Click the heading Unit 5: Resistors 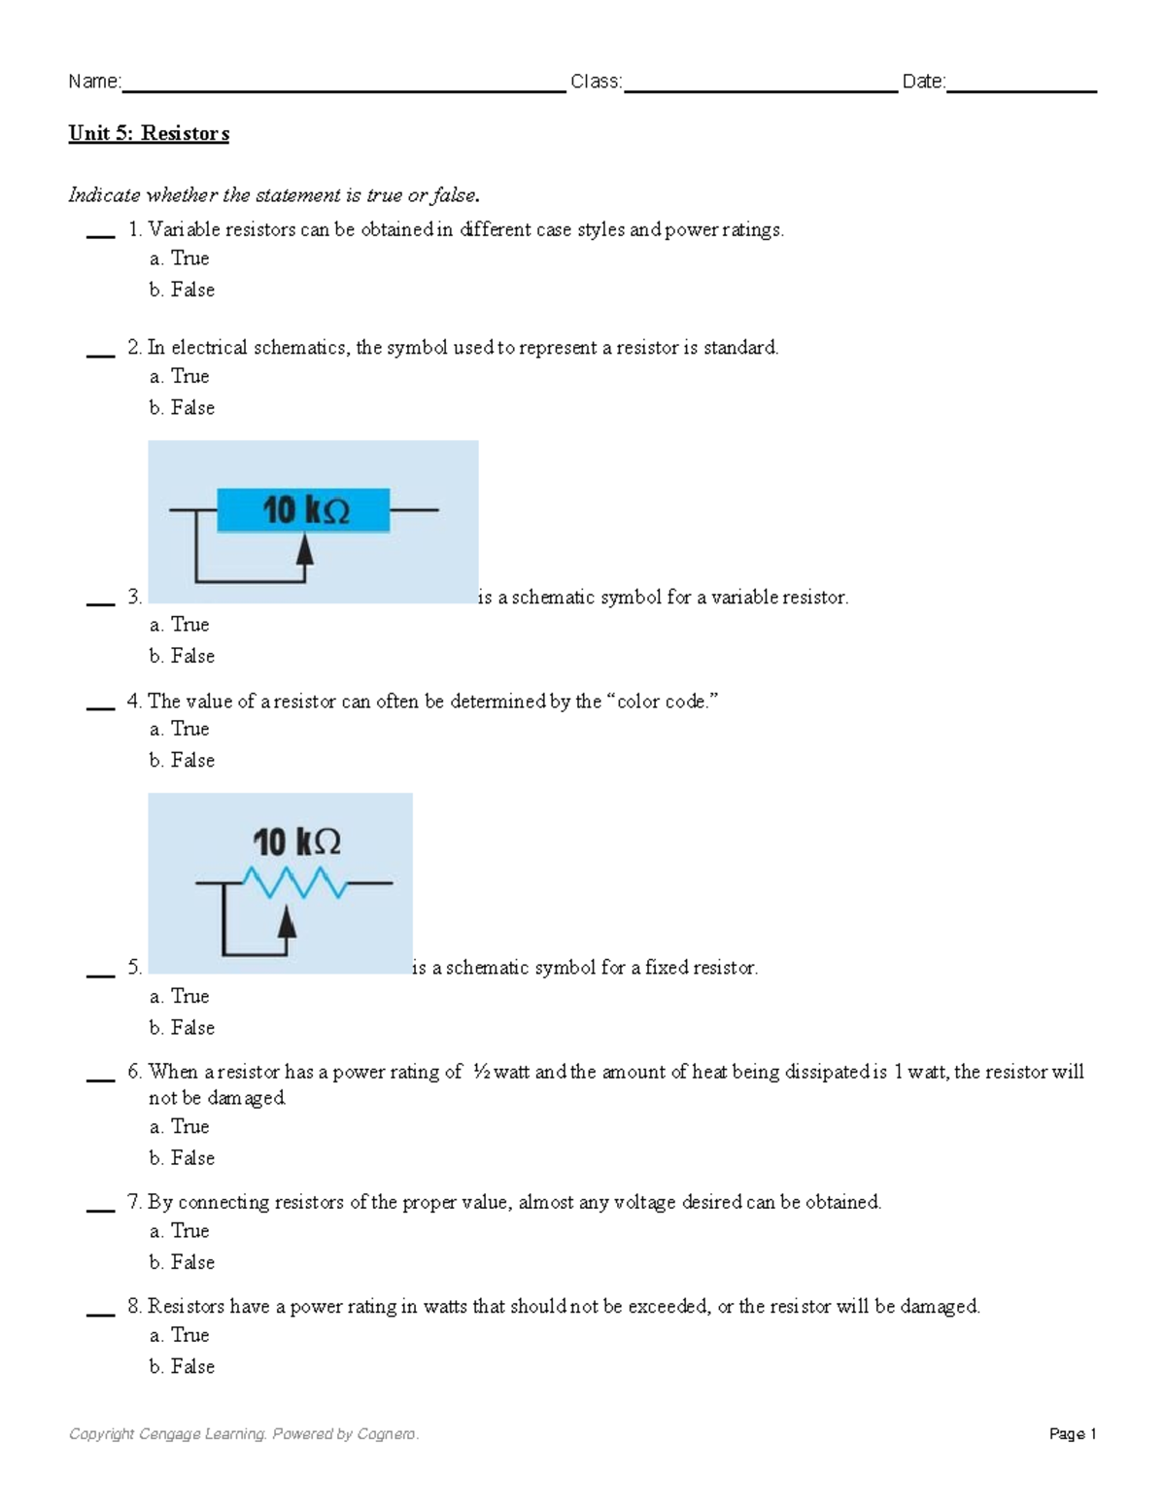coord(149,133)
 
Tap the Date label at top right coord(923,82)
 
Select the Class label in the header coord(596,82)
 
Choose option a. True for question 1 coord(180,258)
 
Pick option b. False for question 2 coord(182,408)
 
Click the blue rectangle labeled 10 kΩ coord(303,510)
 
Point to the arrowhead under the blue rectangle coord(305,550)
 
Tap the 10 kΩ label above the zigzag coord(296,841)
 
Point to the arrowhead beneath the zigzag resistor coord(287,919)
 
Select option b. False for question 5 coord(182,1028)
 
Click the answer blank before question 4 coord(100,707)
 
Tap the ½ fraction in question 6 coord(482,1072)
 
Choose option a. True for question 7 coord(180,1231)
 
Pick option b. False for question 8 coord(182,1367)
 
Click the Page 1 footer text coord(1073,1434)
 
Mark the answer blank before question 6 coord(100,1079)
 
